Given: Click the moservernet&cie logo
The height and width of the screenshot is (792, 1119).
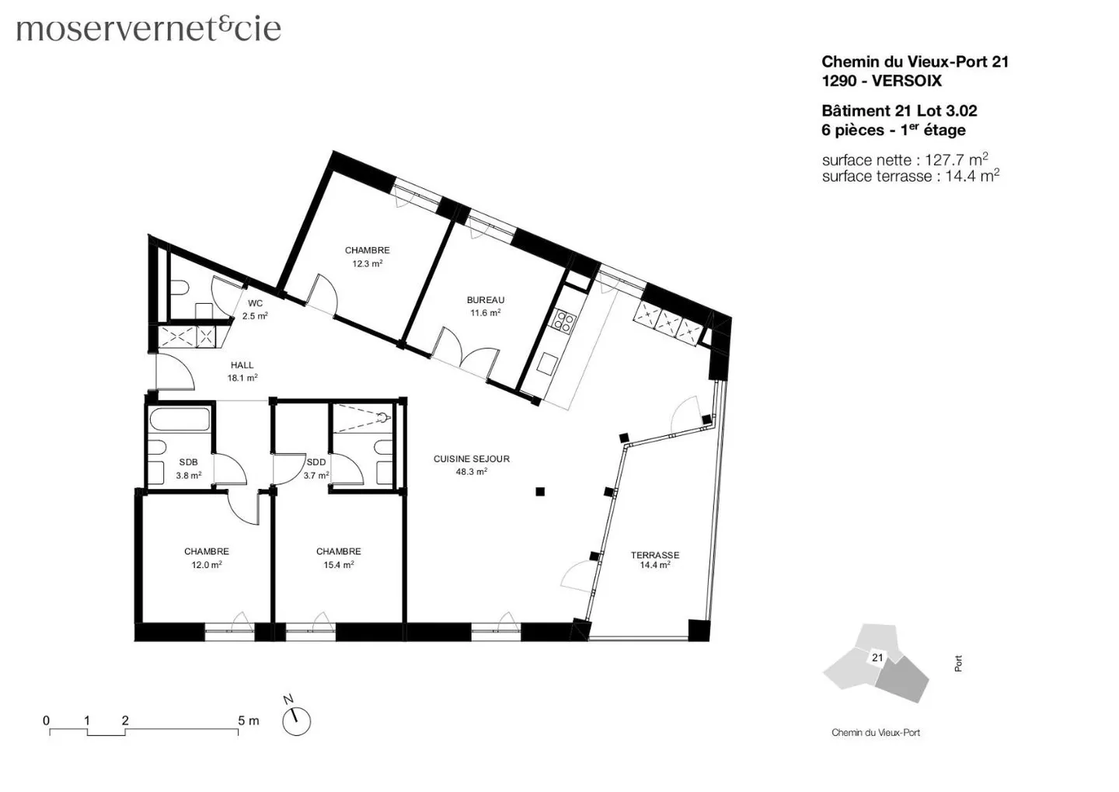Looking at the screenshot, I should click(x=148, y=29).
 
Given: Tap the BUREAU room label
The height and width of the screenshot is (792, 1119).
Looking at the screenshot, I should click(x=485, y=300).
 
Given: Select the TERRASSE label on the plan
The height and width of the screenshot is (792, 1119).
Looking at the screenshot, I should click(x=654, y=555).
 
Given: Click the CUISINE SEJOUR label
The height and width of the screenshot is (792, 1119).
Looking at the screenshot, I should click(x=471, y=459).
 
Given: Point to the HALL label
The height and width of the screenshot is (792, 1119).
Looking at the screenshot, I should click(x=242, y=365).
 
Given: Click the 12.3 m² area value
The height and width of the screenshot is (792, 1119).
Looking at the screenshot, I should click(x=367, y=263).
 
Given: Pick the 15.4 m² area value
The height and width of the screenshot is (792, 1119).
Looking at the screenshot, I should click(x=338, y=565).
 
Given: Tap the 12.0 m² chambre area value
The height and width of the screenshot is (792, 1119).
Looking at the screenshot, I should click(x=207, y=565).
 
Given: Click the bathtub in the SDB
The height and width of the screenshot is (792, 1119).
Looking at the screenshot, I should click(x=180, y=420).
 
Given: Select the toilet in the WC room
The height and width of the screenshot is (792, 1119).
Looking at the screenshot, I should click(x=180, y=288).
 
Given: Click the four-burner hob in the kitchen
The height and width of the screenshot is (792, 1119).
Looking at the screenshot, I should click(x=563, y=321).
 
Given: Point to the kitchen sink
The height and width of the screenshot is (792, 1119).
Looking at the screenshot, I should click(x=549, y=363).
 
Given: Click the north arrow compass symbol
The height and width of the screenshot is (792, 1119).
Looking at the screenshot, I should click(x=295, y=720).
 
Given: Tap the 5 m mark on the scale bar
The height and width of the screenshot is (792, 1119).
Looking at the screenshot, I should click(x=248, y=720).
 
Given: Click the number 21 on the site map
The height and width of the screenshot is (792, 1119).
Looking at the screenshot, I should click(x=877, y=658).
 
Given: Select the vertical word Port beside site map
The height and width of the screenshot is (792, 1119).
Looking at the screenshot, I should click(x=958, y=663).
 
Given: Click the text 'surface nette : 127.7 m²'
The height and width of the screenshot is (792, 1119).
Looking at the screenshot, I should click(x=905, y=160).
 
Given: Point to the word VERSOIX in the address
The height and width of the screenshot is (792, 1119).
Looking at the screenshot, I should click(x=906, y=81).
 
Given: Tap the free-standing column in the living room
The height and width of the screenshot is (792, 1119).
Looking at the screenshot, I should click(x=540, y=491).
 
